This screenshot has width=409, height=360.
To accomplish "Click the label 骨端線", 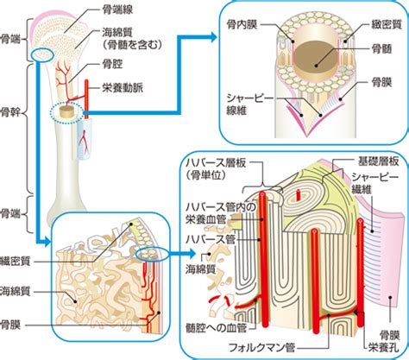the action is point(117,10).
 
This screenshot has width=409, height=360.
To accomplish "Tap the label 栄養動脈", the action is point(123,87).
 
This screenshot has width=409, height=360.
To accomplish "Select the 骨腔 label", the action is point(112,64).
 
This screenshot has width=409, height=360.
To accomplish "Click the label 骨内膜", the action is point(242,24).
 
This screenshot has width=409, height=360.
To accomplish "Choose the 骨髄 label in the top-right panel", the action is point(382,49).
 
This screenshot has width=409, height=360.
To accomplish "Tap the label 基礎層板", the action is point(378,161).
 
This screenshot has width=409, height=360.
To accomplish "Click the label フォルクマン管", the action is point(261,348).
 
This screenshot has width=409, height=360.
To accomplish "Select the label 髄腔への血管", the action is point(217,328).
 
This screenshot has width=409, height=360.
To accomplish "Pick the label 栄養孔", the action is point(384,348).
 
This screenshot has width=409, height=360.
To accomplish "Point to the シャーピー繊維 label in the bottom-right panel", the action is point(375,183).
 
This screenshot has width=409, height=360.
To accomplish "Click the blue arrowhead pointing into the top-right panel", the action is point(212,36).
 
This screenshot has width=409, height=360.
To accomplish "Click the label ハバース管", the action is point(211,239).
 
